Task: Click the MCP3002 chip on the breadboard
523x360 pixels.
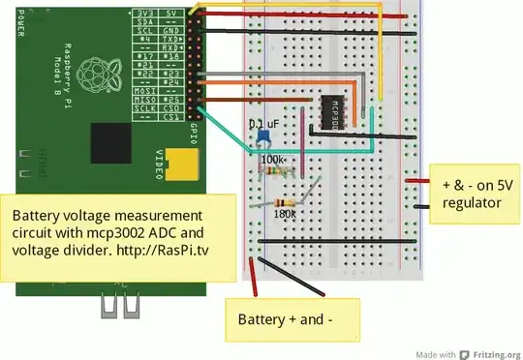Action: tap(331, 109)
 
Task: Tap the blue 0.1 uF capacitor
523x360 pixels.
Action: tap(262, 139)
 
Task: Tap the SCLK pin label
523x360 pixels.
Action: tap(141, 106)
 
